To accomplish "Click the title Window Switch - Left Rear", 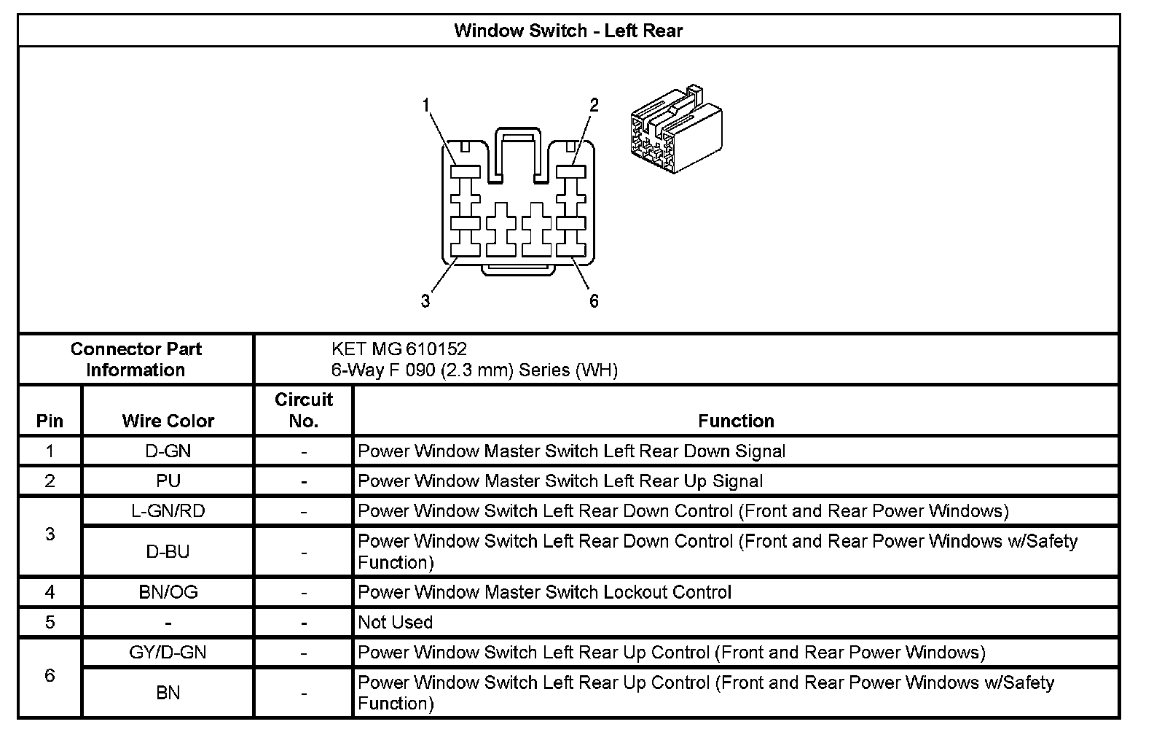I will (568, 31).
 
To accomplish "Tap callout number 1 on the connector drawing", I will (426, 106).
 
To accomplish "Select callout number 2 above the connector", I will (594, 105).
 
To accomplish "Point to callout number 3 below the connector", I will (425, 300).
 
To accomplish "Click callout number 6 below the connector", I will (594, 300).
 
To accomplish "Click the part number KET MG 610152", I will (399, 349).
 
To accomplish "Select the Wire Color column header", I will (168, 421).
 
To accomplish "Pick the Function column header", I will (736, 421).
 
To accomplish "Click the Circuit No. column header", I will (303, 411).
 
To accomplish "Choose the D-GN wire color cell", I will (168, 451).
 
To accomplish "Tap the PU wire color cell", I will (168, 481).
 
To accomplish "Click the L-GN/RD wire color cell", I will (168, 511).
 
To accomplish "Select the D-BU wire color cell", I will (168, 552).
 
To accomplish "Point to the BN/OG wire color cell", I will (168, 592).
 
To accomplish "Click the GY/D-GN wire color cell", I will (168, 652).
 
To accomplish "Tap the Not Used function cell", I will (396, 622).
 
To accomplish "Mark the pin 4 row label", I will (50, 592).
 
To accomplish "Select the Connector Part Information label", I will (136, 359).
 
